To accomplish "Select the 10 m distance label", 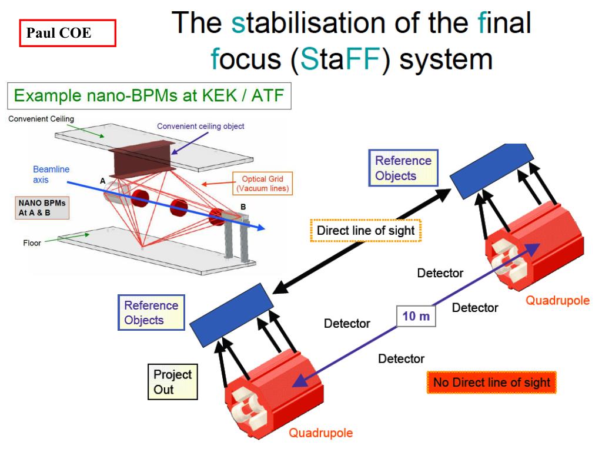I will [416, 317].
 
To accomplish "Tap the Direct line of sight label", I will [366, 230].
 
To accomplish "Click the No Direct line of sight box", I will [491, 383].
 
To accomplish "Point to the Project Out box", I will [172, 381].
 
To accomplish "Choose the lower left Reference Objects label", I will [151, 313].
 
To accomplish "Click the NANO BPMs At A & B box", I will [41, 208].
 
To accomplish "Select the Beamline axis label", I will [51, 174].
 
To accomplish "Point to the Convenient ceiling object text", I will [200, 126].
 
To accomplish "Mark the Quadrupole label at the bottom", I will [320, 433].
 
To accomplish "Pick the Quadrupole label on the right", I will [557, 301].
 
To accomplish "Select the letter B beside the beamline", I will [243, 207].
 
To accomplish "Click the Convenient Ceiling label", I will [41, 119].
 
